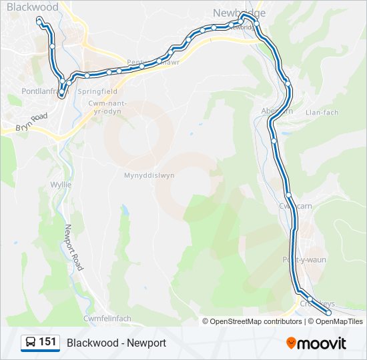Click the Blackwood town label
pos(33,7)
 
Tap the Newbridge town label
pos(238,13)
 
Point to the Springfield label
pos(98,91)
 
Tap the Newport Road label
pos(73,247)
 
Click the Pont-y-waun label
pos(304,259)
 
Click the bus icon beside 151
pos(30,343)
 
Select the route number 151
pos(47,342)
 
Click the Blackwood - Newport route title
pos(116,343)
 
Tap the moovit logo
pos(316,343)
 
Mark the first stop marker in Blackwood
pos(38,21)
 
